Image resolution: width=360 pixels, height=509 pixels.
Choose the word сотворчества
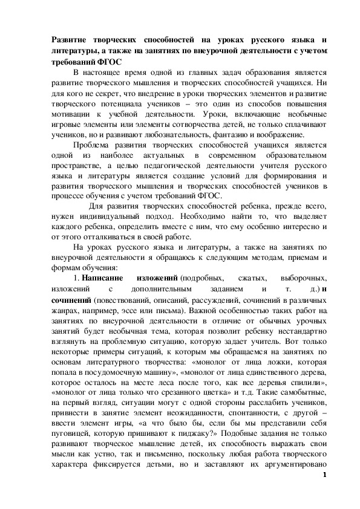click(182, 124)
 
